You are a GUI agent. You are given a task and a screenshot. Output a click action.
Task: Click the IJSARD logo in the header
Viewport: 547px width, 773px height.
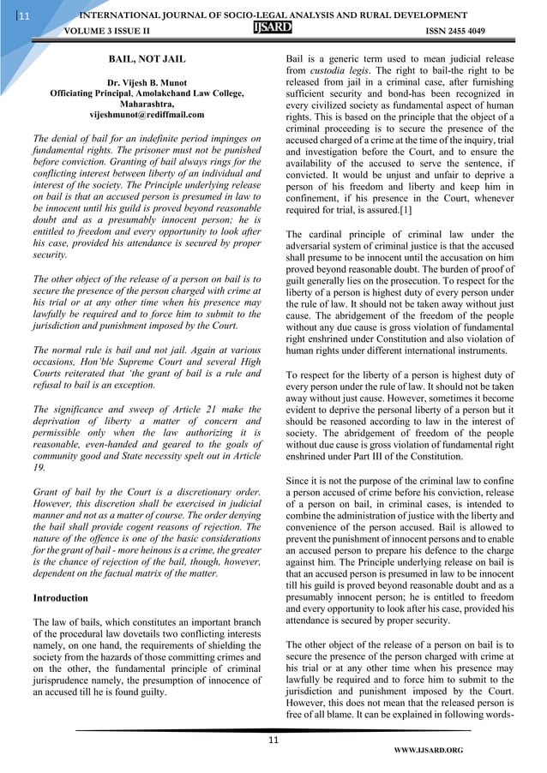tap(273, 28)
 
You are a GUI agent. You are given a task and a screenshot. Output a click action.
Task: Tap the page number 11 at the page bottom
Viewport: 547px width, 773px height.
tap(273, 739)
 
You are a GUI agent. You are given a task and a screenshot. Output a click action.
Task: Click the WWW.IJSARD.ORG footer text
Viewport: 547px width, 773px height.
tap(428, 751)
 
